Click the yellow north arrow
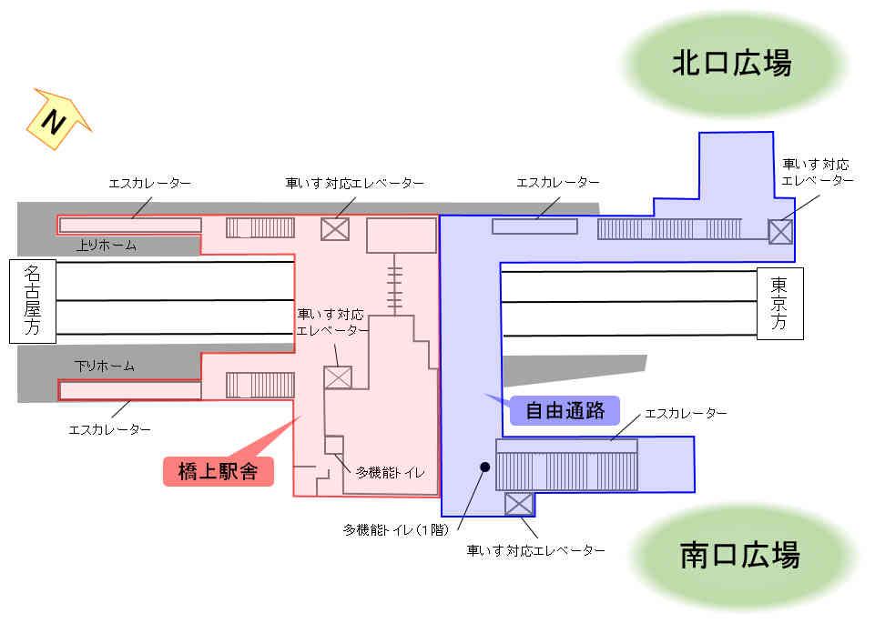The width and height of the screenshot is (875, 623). (x=57, y=119)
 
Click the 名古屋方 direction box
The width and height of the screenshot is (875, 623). (x=33, y=301)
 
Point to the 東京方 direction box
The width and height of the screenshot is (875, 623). (x=779, y=304)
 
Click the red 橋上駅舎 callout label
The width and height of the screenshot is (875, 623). (x=219, y=471)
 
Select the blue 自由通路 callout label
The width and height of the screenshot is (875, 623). (x=565, y=411)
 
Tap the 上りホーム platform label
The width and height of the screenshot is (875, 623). (x=106, y=246)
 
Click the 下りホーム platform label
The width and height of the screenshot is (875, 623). (x=105, y=367)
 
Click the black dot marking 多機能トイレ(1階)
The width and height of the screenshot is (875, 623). (x=485, y=467)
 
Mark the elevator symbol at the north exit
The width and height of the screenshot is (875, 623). (x=780, y=232)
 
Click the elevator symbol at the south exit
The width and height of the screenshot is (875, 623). (x=519, y=504)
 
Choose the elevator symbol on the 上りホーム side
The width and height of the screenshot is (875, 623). (x=335, y=229)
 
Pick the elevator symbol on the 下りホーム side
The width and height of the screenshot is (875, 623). (x=338, y=377)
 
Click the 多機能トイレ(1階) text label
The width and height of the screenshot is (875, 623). (x=396, y=530)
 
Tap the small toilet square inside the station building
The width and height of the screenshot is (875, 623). (x=334, y=446)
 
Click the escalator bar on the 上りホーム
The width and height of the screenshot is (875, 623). (x=130, y=226)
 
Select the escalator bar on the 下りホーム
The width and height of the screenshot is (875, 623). (x=130, y=390)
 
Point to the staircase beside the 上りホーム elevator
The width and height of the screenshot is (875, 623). (x=260, y=228)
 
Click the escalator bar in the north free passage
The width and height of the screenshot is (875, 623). (x=534, y=226)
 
